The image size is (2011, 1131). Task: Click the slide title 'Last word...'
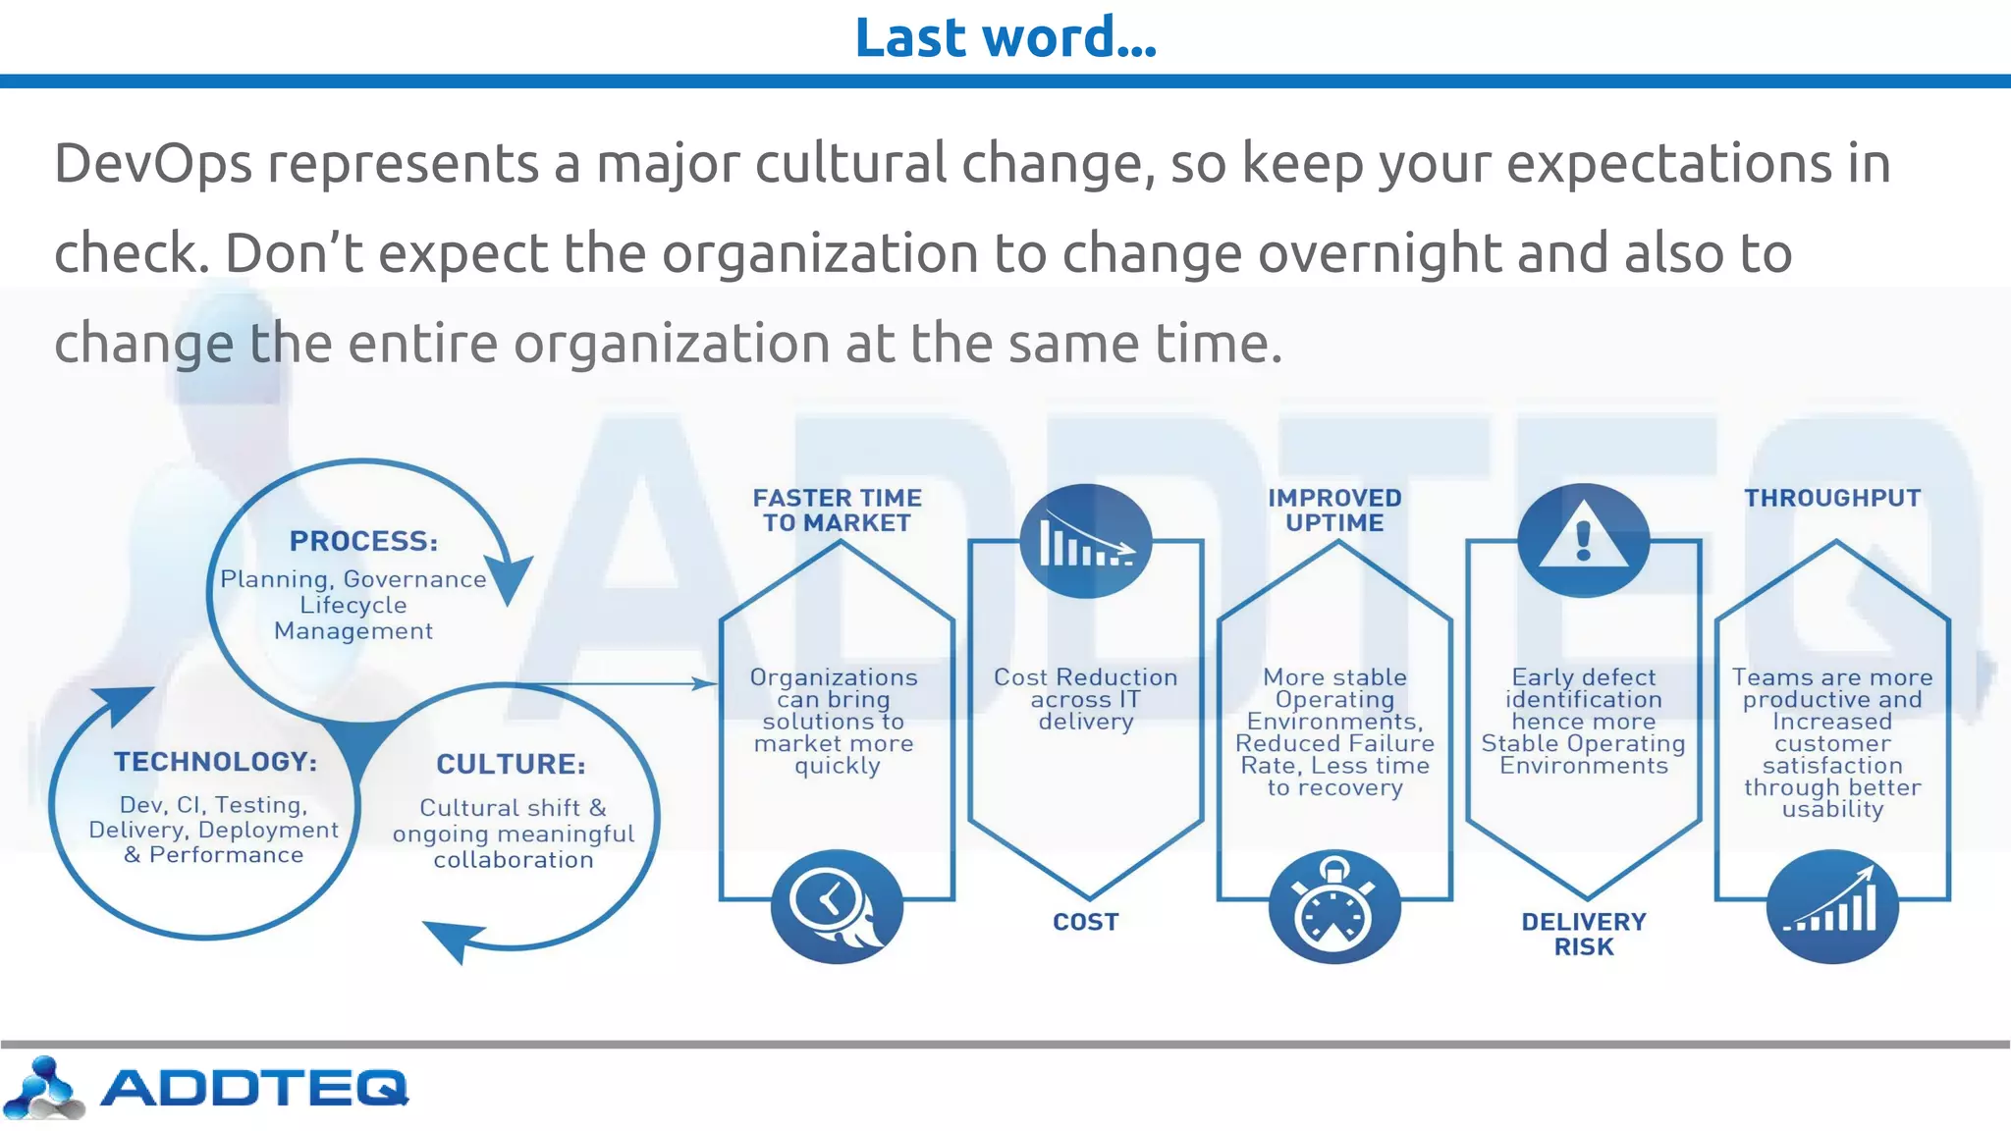pyautogui.click(x=1005, y=37)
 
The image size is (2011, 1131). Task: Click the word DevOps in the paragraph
pyautogui.click(x=152, y=163)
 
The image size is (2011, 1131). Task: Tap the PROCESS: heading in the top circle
pyautogui.click(x=363, y=541)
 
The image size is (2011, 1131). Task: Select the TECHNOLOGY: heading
pyautogui.click(x=215, y=762)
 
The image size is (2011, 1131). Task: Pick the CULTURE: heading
pyautogui.click(x=511, y=764)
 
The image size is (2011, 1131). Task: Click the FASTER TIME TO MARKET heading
pyautogui.click(x=837, y=511)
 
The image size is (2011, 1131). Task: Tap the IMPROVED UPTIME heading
pyautogui.click(x=1334, y=511)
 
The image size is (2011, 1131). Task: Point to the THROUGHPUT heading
pyautogui.click(x=1832, y=498)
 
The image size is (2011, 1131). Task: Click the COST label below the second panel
pyautogui.click(x=1085, y=922)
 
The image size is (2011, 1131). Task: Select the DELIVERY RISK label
pyautogui.click(x=1583, y=934)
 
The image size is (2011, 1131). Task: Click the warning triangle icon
pyautogui.click(x=1583, y=540)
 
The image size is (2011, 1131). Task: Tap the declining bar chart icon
pyautogui.click(x=1085, y=541)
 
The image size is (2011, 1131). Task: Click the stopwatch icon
pyautogui.click(x=1334, y=907)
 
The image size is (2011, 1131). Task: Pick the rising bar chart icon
pyautogui.click(x=1832, y=906)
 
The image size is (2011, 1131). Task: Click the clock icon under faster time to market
pyautogui.click(x=836, y=906)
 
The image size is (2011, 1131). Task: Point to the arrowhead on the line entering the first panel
pyautogui.click(x=707, y=683)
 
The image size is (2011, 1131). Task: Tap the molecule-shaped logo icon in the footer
pyautogui.click(x=43, y=1088)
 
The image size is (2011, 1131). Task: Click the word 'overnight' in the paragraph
pyautogui.click(x=1379, y=253)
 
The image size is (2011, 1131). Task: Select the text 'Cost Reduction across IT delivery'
pyautogui.click(x=1085, y=699)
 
